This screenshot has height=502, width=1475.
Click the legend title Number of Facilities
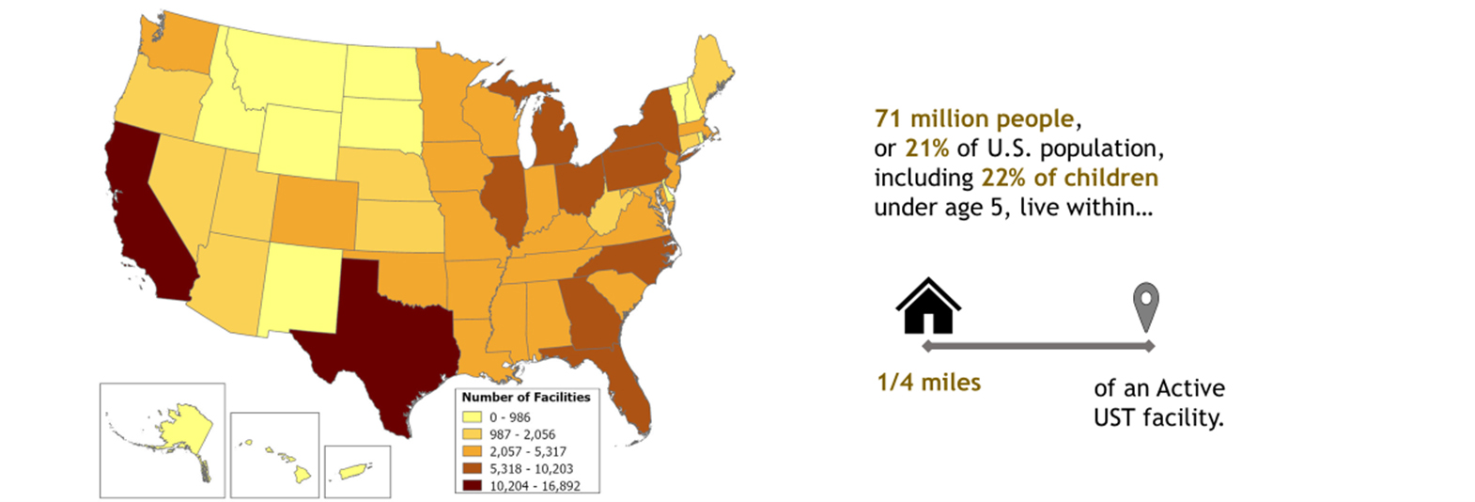point(526,398)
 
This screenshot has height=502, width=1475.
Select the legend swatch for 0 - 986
point(472,417)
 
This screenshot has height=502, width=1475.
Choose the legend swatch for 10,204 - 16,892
point(472,486)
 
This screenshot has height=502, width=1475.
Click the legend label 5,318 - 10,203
point(531,469)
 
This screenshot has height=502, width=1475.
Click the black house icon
point(928,306)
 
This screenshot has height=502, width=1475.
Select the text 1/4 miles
point(928,383)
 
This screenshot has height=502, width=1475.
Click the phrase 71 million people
point(974,119)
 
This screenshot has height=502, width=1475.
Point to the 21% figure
point(926,149)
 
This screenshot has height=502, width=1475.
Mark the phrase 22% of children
point(1069,178)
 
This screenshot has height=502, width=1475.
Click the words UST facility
point(1157,418)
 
